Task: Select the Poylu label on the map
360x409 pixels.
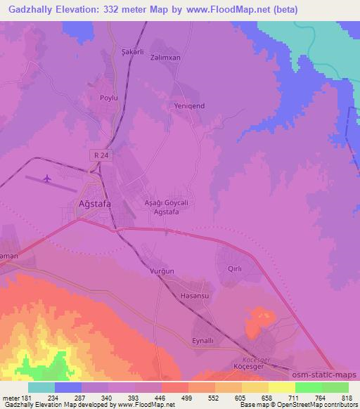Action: tap(108, 98)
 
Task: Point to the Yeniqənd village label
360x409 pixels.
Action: tap(188, 105)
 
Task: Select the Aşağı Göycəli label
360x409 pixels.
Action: tap(166, 202)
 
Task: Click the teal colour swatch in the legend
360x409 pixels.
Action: tap(41, 387)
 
